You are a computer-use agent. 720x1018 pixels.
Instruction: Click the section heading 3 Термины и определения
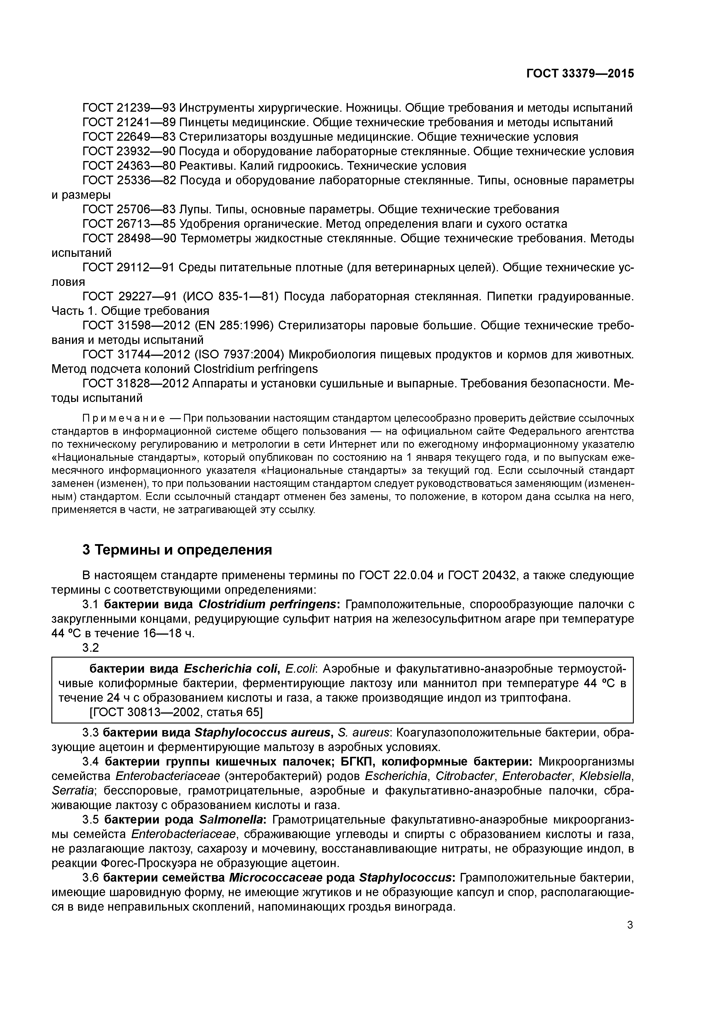[177, 550]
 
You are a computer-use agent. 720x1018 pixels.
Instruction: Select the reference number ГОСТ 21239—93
[129, 108]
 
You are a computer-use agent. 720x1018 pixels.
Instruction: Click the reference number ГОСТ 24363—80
[129, 166]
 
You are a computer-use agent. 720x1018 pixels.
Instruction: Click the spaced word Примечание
[124, 418]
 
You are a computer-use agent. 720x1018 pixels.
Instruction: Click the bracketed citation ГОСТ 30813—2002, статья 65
[176, 712]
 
